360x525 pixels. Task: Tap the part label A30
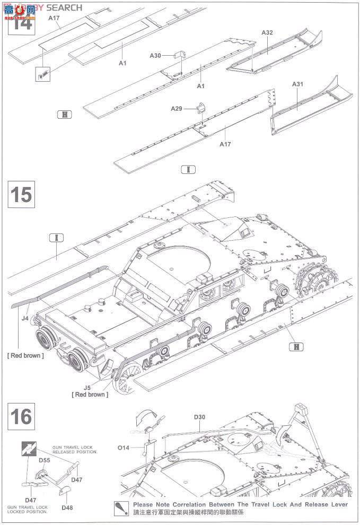click(155, 56)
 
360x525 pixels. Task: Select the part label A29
click(176, 108)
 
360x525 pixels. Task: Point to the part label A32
click(267, 32)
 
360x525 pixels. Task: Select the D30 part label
click(199, 417)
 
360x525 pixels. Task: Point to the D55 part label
click(44, 460)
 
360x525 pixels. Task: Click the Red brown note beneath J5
click(90, 395)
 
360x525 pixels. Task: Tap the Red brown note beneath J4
click(25, 355)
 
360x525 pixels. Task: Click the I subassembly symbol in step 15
click(56, 237)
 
